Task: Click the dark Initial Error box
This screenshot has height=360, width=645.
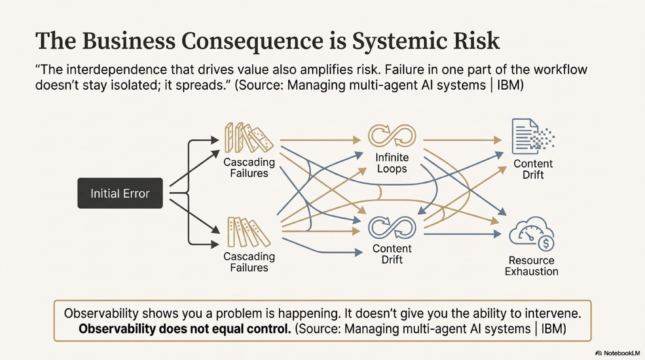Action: [120, 193]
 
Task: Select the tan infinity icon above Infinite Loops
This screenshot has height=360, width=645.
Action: [392, 135]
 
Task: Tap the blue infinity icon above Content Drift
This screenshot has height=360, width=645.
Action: [392, 227]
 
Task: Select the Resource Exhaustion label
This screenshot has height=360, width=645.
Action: [531, 266]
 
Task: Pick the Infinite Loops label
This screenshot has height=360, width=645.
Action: [392, 163]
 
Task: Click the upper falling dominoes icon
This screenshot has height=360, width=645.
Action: [248, 138]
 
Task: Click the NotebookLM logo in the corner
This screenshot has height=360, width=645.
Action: [617, 353]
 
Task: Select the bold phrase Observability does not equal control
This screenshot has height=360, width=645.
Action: [185, 329]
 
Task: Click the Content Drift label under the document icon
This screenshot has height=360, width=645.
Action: [533, 169]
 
